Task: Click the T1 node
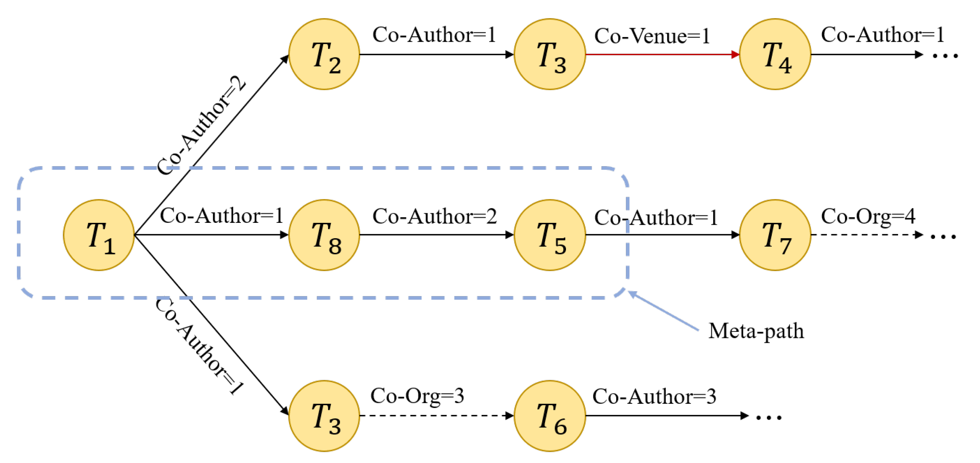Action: [99, 235]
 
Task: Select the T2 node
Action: [324, 54]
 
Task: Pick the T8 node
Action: [324, 235]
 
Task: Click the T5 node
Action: [549, 235]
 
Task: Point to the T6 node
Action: [549, 416]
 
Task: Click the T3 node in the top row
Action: [549, 54]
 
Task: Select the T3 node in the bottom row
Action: [324, 416]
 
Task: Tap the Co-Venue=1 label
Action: [652, 36]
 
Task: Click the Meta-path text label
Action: [756, 331]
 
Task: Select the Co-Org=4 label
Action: [868, 216]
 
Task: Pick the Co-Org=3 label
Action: [417, 396]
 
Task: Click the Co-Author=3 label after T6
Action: [654, 397]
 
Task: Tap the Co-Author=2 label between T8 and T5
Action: [434, 216]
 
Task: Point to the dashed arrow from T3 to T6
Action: [436, 416]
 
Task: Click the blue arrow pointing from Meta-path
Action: [663, 312]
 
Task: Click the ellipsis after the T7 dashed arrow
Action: [943, 237]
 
